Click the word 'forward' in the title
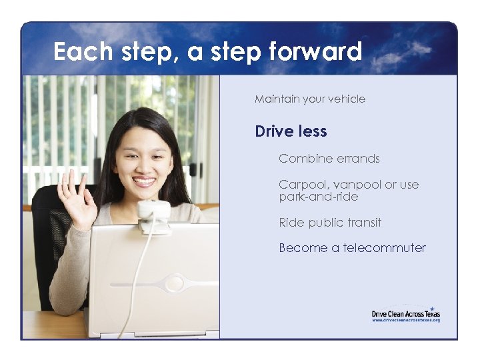[318, 51]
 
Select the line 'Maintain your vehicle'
[309, 99]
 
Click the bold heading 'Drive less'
[291, 131]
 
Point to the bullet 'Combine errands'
[329, 159]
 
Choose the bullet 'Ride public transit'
[329, 223]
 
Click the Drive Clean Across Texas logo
[405, 313]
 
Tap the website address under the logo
[405, 321]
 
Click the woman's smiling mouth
[143, 181]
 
